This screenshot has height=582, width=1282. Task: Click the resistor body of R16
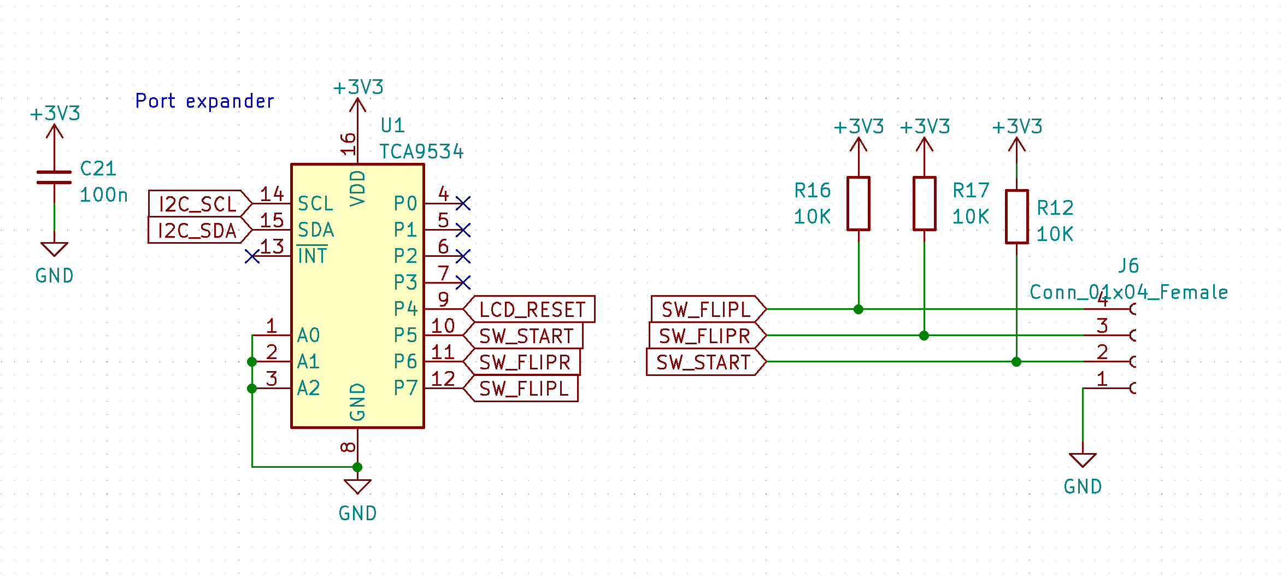pos(858,203)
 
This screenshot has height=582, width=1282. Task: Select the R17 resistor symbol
pos(924,203)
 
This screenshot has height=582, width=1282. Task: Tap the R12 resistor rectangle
pos(1016,216)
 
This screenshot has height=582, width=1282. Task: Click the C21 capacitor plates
pos(54,177)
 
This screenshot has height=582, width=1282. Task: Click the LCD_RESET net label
pos(531,309)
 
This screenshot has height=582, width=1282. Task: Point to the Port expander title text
pos(204,101)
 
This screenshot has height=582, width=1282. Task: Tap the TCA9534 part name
pos(421,151)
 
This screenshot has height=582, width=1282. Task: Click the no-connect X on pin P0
pos(463,203)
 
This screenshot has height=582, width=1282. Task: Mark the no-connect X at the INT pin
pos(252,256)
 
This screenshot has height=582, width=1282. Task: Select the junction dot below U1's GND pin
pos(357,467)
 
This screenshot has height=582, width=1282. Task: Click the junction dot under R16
pos(858,309)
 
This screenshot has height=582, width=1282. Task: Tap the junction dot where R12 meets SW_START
pos(1016,362)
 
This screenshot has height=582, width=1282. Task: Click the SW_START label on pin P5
pos(526,336)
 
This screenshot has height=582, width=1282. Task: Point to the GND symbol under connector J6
pos(1083,461)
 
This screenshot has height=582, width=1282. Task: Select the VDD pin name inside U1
pos(357,187)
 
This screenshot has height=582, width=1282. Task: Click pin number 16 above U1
pos(348,143)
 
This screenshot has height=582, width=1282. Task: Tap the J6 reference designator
pos(1128,266)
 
